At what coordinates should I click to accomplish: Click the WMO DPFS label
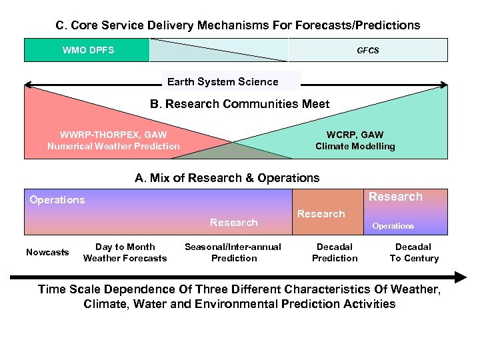click(x=88, y=50)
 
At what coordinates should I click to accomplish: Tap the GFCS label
click(x=367, y=51)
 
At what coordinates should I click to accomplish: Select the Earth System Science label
click(x=223, y=82)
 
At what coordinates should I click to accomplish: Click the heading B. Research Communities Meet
click(x=240, y=104)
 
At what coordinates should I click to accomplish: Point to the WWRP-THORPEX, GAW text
click(x=113, y=135)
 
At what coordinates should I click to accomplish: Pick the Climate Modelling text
click(x=355, y=146)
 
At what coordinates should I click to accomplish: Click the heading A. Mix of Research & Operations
click(x=227, y=178)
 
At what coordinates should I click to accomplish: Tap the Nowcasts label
click(x=47, y=252)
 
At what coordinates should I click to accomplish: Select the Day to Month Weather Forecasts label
click(x=125, y=253)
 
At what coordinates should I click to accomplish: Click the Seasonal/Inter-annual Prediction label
click(x=233, y=253)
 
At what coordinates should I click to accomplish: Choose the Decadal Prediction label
click(x=335, y=253)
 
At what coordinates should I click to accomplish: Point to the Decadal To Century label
click(x=414, y=253)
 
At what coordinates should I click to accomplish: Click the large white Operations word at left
click(x=57, y=200)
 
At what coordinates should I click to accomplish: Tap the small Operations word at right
click(x=393, y=226)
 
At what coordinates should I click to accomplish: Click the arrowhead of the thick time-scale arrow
click(x=460, y=277)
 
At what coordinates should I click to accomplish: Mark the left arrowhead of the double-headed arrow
click(x=30, y=85)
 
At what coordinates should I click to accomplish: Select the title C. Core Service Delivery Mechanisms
click(x=237, y=25)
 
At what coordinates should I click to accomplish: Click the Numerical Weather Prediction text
click(x=113, y=146)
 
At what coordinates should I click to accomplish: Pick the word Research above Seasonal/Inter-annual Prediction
click(x=234, y=223)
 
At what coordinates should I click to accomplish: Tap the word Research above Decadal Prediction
click(x=321, y=214)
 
